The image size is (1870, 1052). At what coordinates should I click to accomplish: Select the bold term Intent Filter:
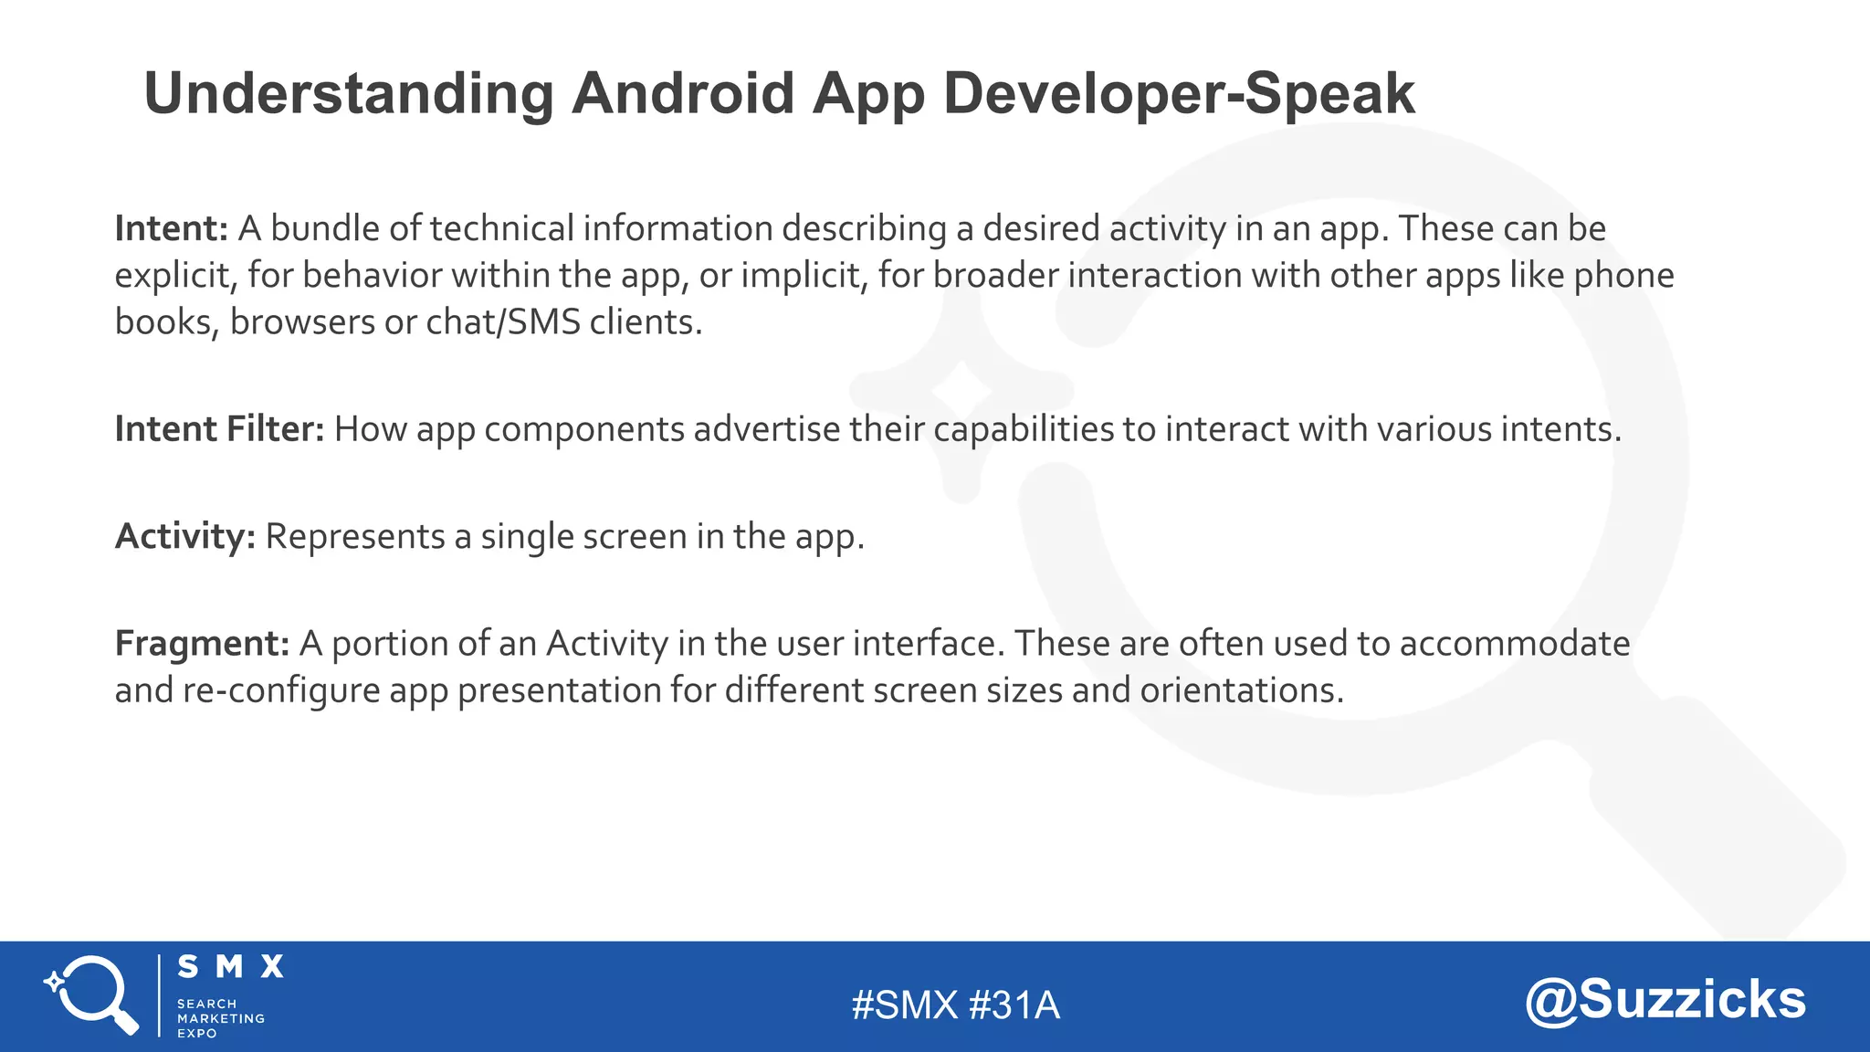pyautogui.click(x=219, y=429)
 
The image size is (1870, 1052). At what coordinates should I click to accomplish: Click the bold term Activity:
pyautogui.click(x=185, y=536)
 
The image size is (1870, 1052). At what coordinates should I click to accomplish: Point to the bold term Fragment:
pyautogui.click(x=202, y=644)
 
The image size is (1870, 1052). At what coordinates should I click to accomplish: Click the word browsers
pyautogui.click(x=302, y=322)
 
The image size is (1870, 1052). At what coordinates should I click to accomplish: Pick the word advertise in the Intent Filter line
pyautogui.click(x=766, y=429)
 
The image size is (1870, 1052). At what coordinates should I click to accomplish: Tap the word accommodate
pyautogui.click(x=1515, y=644)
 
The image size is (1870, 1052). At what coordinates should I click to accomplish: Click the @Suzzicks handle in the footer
pyautogui.click(x=1665, y=1000)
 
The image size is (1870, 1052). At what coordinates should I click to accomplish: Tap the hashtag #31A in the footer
pyautogui.click(x=1014, y=1005)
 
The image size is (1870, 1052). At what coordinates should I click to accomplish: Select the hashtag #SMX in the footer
pyautogui.click(x=905, y=1005)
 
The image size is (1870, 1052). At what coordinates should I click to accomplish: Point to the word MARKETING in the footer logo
pyautogui.click(x=221, y=1018)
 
